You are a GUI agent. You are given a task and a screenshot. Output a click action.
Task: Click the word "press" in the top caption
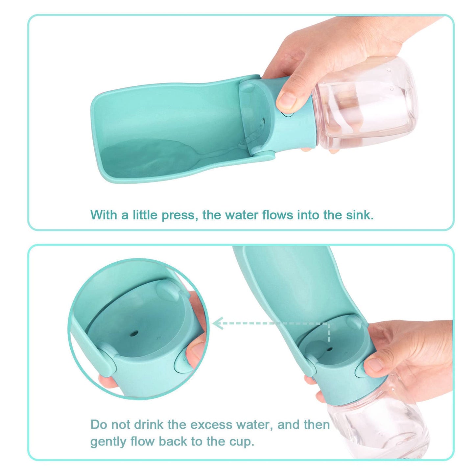click(x=179, y=215)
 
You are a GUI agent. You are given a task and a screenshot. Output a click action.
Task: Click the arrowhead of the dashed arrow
click(x=217, y=323)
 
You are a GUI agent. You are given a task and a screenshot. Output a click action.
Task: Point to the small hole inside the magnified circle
click(x=133, y=334)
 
